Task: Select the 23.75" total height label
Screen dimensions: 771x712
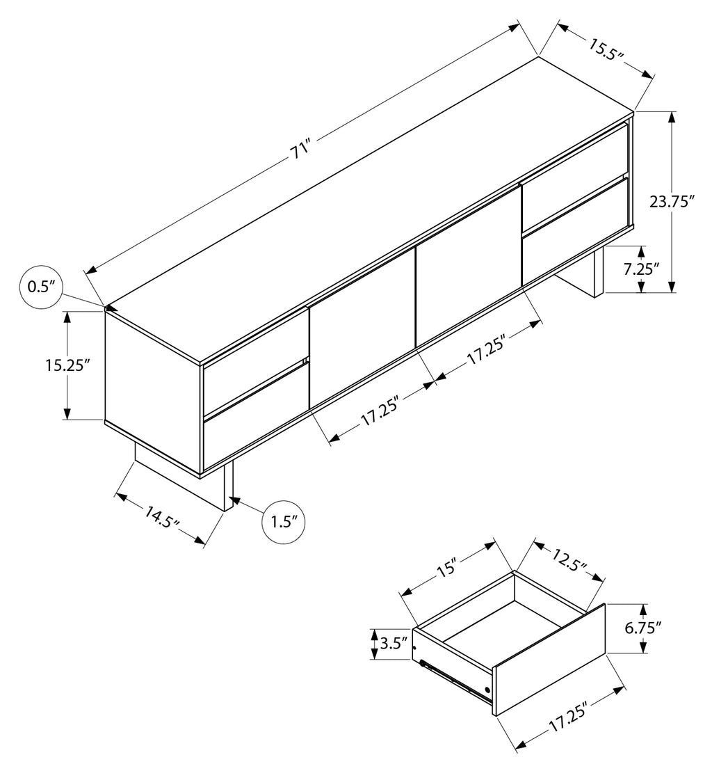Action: (672, 202)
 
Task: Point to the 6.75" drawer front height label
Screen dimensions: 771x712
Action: (642, 628)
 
